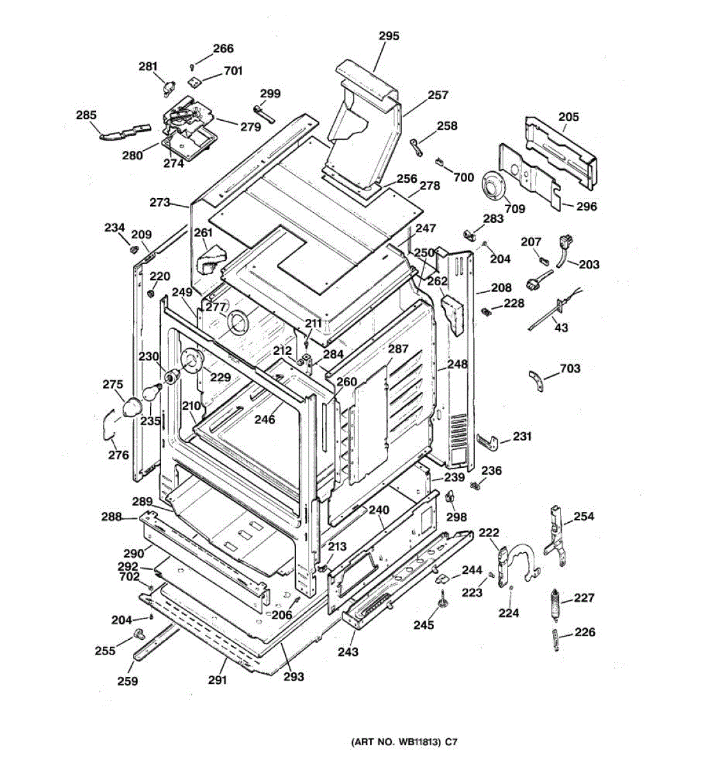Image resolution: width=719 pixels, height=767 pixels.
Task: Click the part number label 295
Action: (x=389, y=36)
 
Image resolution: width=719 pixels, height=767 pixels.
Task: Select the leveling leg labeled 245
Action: (x=440, y=601)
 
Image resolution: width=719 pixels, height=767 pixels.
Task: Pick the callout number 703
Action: (x=569, y=368)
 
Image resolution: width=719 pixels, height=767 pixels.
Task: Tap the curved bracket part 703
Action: (x=536, y=380)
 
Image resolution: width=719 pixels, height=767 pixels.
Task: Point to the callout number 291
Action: (x=217, y=680)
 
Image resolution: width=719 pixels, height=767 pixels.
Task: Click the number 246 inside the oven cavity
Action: (x=265, y=419)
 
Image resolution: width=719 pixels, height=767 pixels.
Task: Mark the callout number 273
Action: (x=160, y=202)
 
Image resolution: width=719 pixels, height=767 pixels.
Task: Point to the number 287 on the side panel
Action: (x=398, y=349)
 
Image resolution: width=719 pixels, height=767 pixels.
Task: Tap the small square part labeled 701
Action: (x=194, y=81)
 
